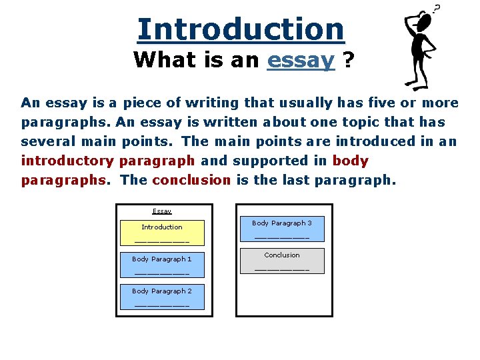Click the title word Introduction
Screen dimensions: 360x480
pyautogui.click(x=241, y=29)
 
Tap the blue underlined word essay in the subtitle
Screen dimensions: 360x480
pyautogui.click(x=300, y=60)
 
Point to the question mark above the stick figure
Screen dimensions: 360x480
pyautogui.click(x=437, y=9)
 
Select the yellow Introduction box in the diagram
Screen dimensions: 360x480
pyautogui.click(x=161, y=233)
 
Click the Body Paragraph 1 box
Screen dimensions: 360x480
pyautogui.click(x=161, y=265)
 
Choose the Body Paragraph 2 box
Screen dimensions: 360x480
pyautogui.click(x=161, y=297)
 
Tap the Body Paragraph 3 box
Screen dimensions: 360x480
pyautogui.click(x=281, y=229)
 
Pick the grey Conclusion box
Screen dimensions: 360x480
pyautogui.click(x=281, y=261)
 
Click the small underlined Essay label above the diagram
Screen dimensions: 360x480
pyautogui.click(x=162, y=211)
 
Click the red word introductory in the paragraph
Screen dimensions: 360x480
pyautogui.click(x=67, y=161)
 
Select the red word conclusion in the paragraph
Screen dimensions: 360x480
pyautogui.click(x=191, y=180)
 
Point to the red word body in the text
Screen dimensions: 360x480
pyautogui.click(x=350, y=161)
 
